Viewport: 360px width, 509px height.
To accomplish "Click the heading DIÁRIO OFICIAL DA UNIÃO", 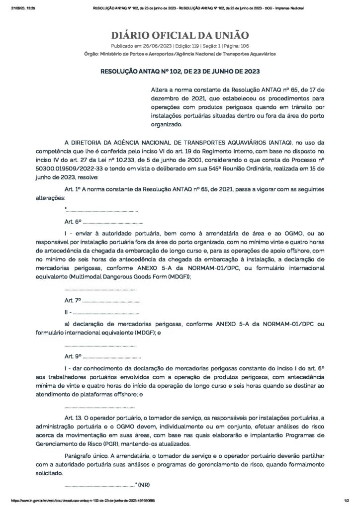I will (x=180, y=35).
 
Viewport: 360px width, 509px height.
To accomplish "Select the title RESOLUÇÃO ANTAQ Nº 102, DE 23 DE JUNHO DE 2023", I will (x=180, y=72).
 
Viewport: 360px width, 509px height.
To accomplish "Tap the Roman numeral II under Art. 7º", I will (x=67, y=313).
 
